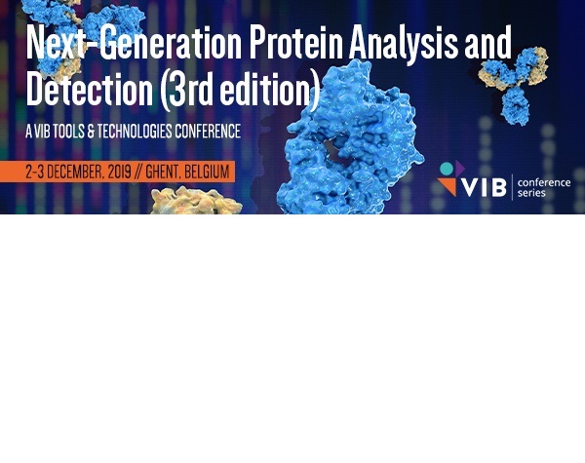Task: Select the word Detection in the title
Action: point(90,88)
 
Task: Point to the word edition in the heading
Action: point(265,88)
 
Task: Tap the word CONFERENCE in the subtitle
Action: point(208,131)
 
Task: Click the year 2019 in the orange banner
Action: point(119,172)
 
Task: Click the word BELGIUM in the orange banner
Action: point(207,172)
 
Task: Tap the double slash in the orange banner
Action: point(138,172)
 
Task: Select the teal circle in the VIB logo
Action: point(447,169)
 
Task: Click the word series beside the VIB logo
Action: point(531,193)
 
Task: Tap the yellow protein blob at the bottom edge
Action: point(196,201)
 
